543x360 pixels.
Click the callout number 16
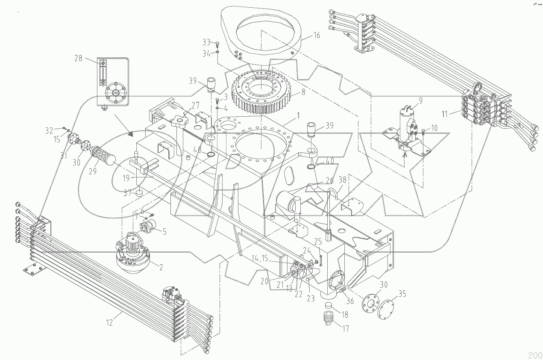pyautogui.click(x=316, y=35)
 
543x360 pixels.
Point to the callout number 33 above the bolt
pyautogui.click(x=207, y=42)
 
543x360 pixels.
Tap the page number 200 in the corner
pyautogui.click(x=534, y=355)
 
